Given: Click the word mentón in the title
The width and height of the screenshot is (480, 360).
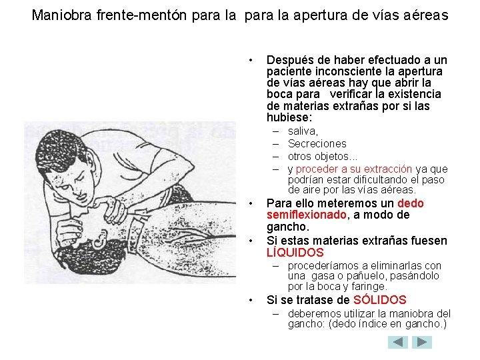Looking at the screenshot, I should tap(171, 14).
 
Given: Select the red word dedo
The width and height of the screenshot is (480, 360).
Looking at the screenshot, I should tap(410, 203).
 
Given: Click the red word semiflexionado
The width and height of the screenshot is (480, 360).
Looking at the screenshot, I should tap(306, 215).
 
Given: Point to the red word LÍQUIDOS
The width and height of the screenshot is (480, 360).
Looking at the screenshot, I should tap(295, 253).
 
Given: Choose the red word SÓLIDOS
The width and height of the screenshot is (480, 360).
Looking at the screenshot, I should tap(380, 300).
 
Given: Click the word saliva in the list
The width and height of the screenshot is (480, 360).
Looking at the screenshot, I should tap(303, 131).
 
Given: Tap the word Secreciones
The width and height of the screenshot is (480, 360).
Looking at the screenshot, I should tap(317, 144).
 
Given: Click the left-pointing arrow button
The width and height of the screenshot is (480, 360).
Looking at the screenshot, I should tap(398, 342).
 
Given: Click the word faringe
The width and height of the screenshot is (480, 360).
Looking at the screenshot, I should tap(369, 287).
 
